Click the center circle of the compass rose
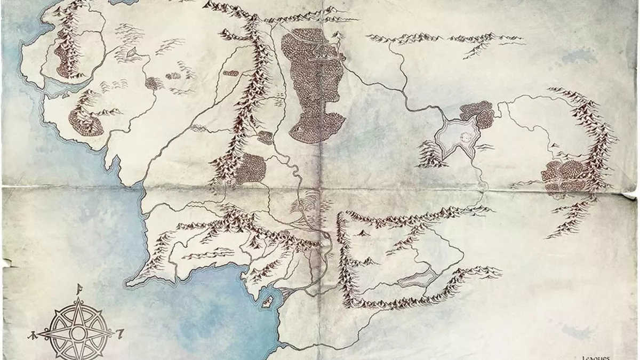[x=78, y=334]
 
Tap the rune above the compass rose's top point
[x=78, y=290]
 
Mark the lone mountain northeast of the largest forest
[x=337, y=36]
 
